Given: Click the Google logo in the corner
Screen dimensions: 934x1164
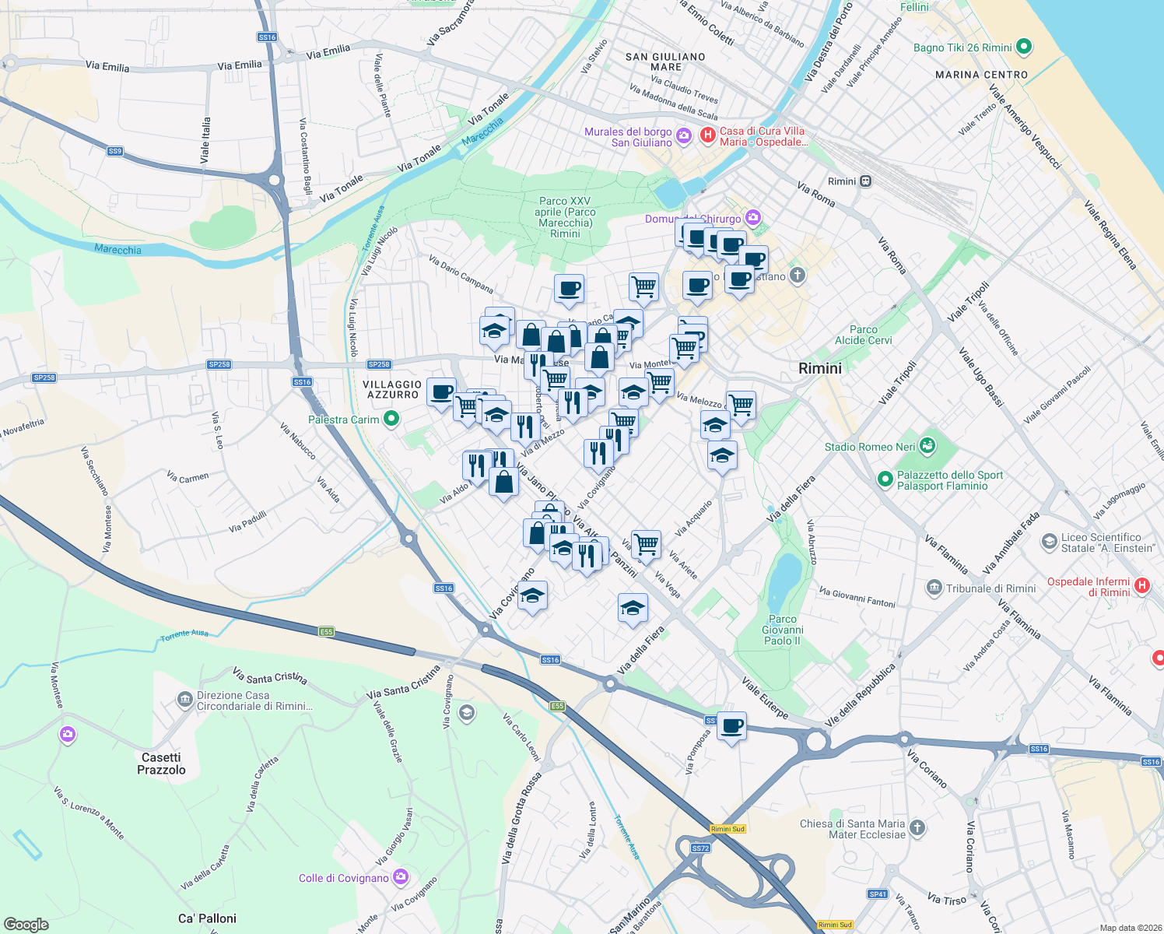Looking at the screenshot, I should pos(26,924).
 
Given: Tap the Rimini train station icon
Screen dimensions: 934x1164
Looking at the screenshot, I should pos(865,181).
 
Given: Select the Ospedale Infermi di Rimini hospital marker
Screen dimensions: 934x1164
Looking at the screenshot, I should pos(1141,585).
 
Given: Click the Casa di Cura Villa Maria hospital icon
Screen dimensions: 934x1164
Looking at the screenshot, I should pos(708,135).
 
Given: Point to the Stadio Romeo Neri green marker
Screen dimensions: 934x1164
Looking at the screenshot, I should pos(927,447).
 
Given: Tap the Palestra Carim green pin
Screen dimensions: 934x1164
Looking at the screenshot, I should pos(391,420).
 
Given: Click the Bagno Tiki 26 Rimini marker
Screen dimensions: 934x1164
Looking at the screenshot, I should pos(1024,47).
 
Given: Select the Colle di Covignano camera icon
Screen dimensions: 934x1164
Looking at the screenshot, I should pos(401,878).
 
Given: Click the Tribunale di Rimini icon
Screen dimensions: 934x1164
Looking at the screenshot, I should pos(934,588).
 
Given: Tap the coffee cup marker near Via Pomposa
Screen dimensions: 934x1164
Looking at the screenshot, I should pos(731,727).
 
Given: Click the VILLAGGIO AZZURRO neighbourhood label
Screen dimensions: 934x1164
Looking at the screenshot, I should pos(392,389).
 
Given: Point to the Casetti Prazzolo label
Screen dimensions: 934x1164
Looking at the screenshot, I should pos(162,764).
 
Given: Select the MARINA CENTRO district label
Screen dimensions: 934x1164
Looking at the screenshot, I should pos(981,75).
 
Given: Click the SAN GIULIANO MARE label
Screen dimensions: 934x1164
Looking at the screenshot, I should pos(665,61).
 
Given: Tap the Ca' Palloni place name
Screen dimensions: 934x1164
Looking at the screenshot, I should pos(207,918).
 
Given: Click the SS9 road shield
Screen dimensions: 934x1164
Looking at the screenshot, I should pos(115,151).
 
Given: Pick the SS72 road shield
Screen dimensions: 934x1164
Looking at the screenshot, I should pos(700,848).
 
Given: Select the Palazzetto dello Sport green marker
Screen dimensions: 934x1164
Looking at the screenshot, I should pos(885,479).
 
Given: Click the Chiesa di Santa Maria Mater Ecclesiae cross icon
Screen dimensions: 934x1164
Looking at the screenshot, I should pos(917,827).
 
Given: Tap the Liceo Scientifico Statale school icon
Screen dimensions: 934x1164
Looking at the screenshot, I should pos(1050,542).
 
